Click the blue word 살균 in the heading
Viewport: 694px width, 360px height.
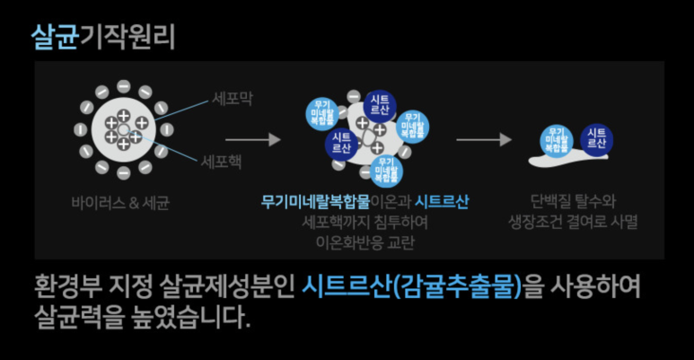tap(54, 36)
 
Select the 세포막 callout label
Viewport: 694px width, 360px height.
tap(233, 99)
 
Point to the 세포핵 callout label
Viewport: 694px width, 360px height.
tap(221, 163)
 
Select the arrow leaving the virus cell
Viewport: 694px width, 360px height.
tap(252, 140)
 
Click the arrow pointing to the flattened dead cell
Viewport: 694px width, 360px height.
tap(483, 140)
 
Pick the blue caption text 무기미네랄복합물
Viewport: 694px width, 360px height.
tap(315, 201)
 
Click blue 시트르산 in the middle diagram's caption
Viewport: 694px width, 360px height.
tap(442, 201)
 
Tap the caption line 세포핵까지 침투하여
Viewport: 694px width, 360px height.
tap(365, 222)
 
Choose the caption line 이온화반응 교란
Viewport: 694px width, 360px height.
tap(365, 241)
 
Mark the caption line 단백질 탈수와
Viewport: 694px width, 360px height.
tap(574, 201)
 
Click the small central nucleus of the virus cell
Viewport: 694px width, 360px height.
tap(123, 131)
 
